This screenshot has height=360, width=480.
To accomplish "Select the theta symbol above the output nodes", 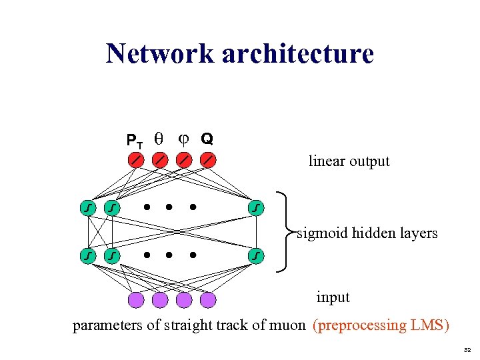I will click(158, 139).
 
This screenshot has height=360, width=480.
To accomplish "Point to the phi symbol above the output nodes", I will click(183, 139).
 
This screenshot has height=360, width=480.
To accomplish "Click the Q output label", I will click(207, 139).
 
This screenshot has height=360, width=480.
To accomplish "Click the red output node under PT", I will click(135, 160).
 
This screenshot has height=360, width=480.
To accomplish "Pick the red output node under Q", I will click(209, 160).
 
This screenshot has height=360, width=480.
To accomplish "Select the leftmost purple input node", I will click(135, 301).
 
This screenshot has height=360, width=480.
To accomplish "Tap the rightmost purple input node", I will click(209, 301).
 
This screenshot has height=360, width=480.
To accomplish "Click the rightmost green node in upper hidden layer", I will click(257, 209).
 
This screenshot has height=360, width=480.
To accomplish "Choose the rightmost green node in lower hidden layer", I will click(257, 255).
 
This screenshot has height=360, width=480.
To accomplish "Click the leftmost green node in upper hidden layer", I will click(87, 209).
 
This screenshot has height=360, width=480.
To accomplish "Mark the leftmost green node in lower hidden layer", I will click(87, 255).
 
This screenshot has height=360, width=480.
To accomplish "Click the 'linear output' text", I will click(349, 161).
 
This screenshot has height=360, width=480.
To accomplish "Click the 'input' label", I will click(333, 297).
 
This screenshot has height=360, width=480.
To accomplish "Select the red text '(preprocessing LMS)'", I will click(381, 325).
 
